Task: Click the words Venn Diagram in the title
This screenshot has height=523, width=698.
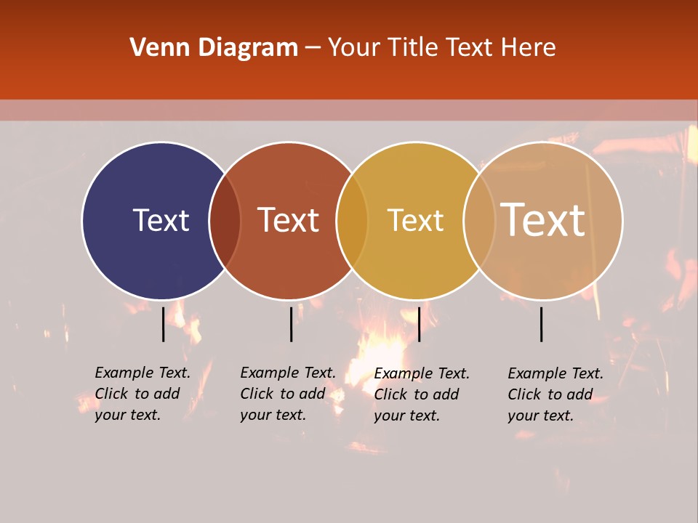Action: tap(214, 48)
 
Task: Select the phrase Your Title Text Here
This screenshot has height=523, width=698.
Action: tap(441, 48)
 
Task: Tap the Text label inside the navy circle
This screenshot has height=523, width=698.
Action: tap(161, 220)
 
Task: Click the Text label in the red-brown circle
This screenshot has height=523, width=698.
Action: tap(288, 220)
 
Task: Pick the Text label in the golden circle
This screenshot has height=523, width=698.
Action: tap(415, 220)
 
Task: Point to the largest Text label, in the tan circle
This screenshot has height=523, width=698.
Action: tap(542, 219)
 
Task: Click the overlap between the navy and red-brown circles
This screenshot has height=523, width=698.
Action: tap(225, 221)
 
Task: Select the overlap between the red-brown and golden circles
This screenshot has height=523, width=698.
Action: tap(352, 221)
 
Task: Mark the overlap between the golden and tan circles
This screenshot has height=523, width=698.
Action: tap(479, 221)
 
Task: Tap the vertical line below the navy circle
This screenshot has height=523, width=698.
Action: tap(163, 323)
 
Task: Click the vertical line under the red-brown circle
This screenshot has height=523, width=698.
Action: tap(291, 323)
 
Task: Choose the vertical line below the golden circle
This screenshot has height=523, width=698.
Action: tap(419, 323)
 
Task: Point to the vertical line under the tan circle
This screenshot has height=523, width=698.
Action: tap(542, 323)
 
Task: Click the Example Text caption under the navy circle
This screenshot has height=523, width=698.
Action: tap(142, 394)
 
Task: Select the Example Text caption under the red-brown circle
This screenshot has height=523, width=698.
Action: tap(287, 394)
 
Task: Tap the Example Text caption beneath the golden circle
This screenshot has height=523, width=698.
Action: tap(422, 394)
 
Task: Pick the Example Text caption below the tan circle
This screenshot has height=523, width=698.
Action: tap(555, 394)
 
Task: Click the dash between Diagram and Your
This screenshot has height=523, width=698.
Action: tap(313, 48)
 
